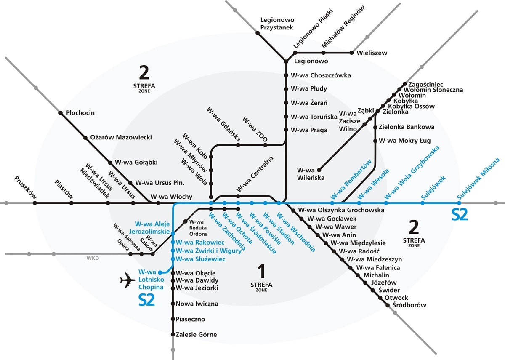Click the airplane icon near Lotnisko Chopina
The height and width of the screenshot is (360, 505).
128,280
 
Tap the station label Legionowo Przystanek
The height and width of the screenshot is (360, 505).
277,24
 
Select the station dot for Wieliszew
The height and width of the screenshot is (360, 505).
352,53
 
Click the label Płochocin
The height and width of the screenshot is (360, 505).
80,113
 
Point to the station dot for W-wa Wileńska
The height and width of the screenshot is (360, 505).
319,170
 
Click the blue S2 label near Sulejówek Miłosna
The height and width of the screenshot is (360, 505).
460,215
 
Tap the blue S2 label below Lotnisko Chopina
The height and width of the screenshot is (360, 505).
146,299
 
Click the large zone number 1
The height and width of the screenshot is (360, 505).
261,271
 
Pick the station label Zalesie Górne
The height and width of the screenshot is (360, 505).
197,335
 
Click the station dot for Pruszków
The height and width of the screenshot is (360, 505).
35,203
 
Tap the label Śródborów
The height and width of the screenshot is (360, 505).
409,305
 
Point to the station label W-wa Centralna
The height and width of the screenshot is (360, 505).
255,173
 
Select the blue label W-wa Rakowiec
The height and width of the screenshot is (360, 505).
200,243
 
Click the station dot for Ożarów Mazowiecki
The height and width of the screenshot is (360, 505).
85,137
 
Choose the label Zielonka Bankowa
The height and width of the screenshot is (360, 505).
407,127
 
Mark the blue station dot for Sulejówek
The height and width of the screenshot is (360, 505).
423,203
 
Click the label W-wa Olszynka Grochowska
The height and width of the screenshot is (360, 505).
341,210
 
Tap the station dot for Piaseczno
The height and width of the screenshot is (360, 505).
173,319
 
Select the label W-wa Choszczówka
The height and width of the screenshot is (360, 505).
321,75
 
